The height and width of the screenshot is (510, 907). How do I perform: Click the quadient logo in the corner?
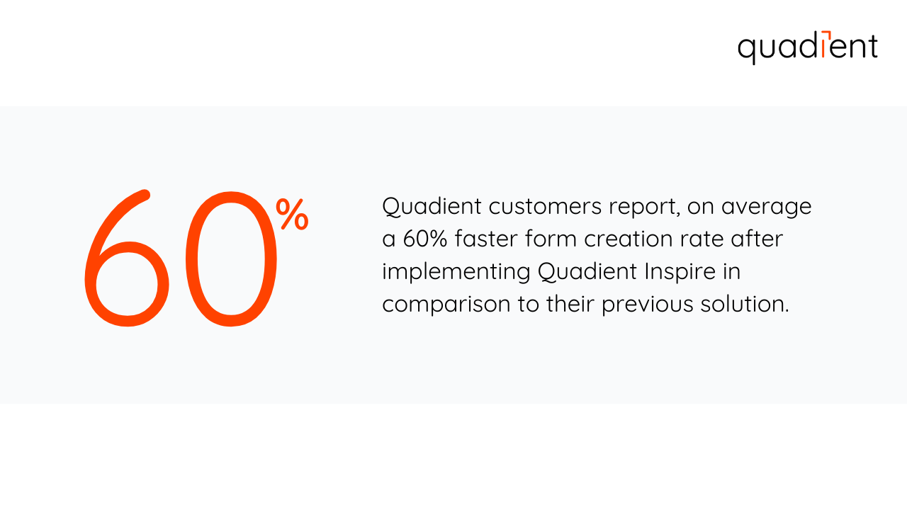[x=807, y=47]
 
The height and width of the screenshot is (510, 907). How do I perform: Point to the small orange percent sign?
[x=292, y=214]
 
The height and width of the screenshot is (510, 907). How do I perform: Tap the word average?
[x=767, y=207]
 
